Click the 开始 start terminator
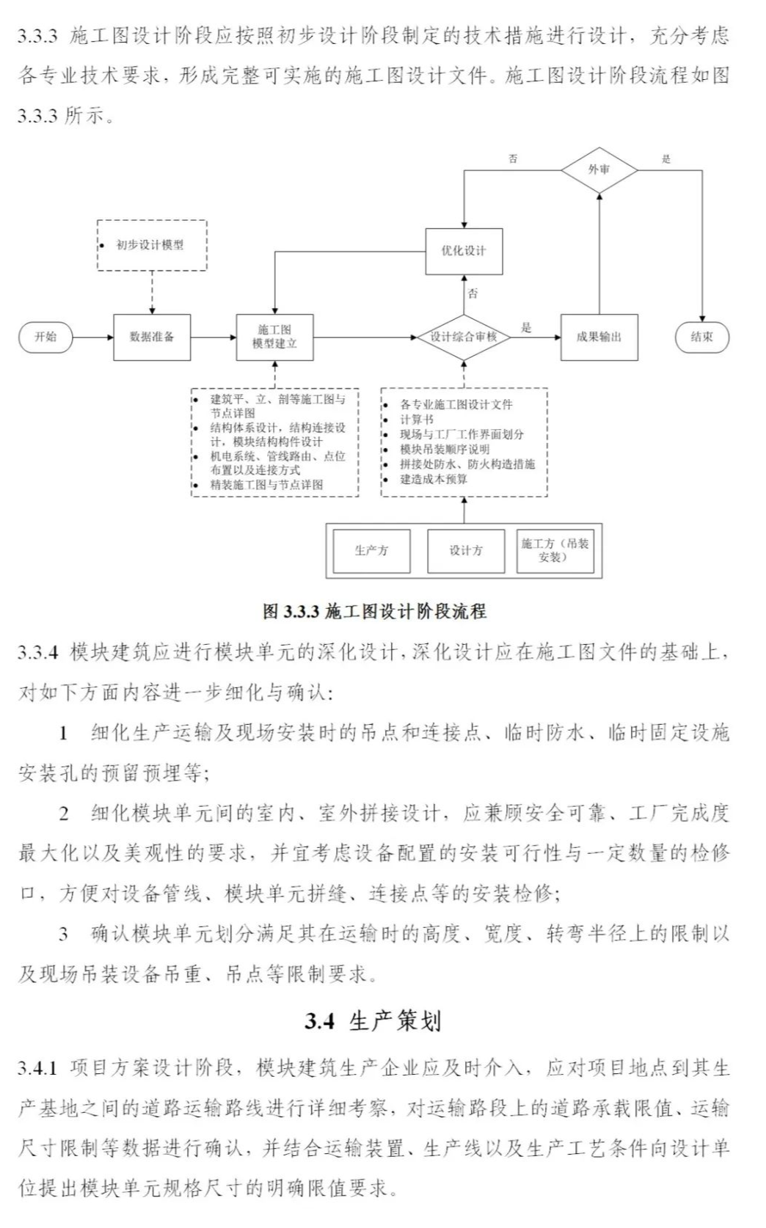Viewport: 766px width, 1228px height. click(x=45, y=337)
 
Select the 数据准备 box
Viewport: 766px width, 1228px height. click(x=152, y=337)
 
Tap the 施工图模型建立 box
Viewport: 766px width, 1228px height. click(x=274, y=337)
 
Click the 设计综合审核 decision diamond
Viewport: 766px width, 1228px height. click(x=463, y=337)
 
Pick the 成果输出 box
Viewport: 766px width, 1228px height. click(x=599, y=337)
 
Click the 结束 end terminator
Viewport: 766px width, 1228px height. click(x=701, y=337)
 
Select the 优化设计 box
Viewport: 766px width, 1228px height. click(x=464, y=251)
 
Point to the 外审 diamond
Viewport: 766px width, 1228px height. click(x=599, y=169)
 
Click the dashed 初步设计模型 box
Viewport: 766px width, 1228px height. click(x=152, y=245)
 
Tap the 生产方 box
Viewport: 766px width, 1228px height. click(x=371, y=550)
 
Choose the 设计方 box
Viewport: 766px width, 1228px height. click(x=466, y=550)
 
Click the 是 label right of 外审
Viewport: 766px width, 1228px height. click(x=666, y=158)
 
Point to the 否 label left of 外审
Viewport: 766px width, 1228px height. click(x=513, y=158)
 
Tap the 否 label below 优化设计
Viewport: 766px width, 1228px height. click(x=473, y=293)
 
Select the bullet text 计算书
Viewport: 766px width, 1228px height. click(x=416, y=420)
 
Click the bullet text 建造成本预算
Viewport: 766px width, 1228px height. click(x=433, y=479)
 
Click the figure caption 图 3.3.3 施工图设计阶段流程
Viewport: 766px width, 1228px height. click(x=374, y=611)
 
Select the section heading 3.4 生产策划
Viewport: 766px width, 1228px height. click(x=373, y=1021)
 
